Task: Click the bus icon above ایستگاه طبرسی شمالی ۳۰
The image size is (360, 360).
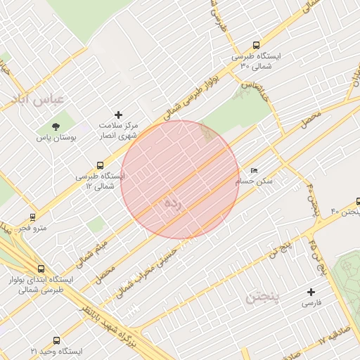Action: pos(255,43)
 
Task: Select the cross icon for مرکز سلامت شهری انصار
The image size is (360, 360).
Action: pos(118,114)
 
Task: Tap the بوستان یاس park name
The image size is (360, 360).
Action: pos(56,139)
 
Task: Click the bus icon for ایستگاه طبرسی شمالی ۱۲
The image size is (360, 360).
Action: pos(101,165)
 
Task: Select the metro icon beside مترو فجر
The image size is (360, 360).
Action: pos(32,217)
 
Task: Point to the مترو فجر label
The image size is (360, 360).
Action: pos(32,229)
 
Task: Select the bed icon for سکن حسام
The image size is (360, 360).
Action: pos(254,170)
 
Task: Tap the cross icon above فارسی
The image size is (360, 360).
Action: pos(311,292)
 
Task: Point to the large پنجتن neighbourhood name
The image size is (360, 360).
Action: pos(263,298)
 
